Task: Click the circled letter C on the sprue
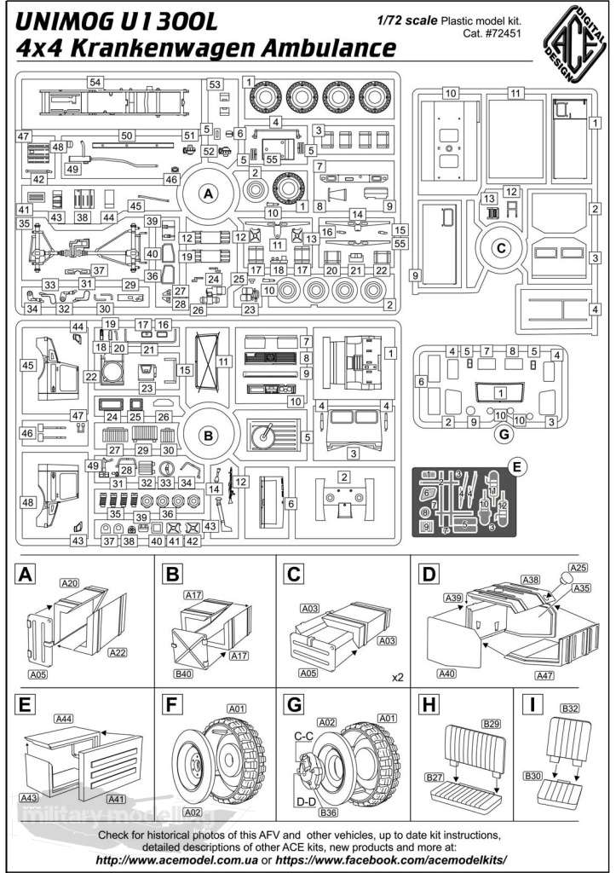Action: (x=501, y=249)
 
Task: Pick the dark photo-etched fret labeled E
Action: (x=466, y=504)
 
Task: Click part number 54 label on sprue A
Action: (x=95, y=81)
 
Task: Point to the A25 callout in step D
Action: (x=579, y=567)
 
